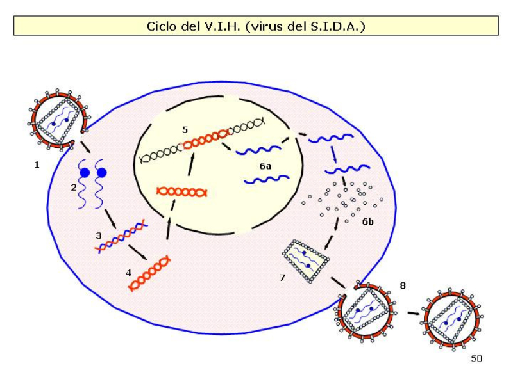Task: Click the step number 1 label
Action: [37, 165]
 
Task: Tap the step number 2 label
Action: [74, 188]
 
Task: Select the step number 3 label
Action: [99, 236]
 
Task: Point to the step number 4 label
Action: [128, 273]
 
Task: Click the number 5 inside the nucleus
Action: [185, 130]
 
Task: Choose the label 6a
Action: [265, 166]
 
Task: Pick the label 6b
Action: [367, 221]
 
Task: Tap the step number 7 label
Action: [282, 278]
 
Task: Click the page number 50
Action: [476, 359]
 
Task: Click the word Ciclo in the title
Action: [161, 26]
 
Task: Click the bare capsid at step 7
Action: [306, 260]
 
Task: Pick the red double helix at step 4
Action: [150, 273]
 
